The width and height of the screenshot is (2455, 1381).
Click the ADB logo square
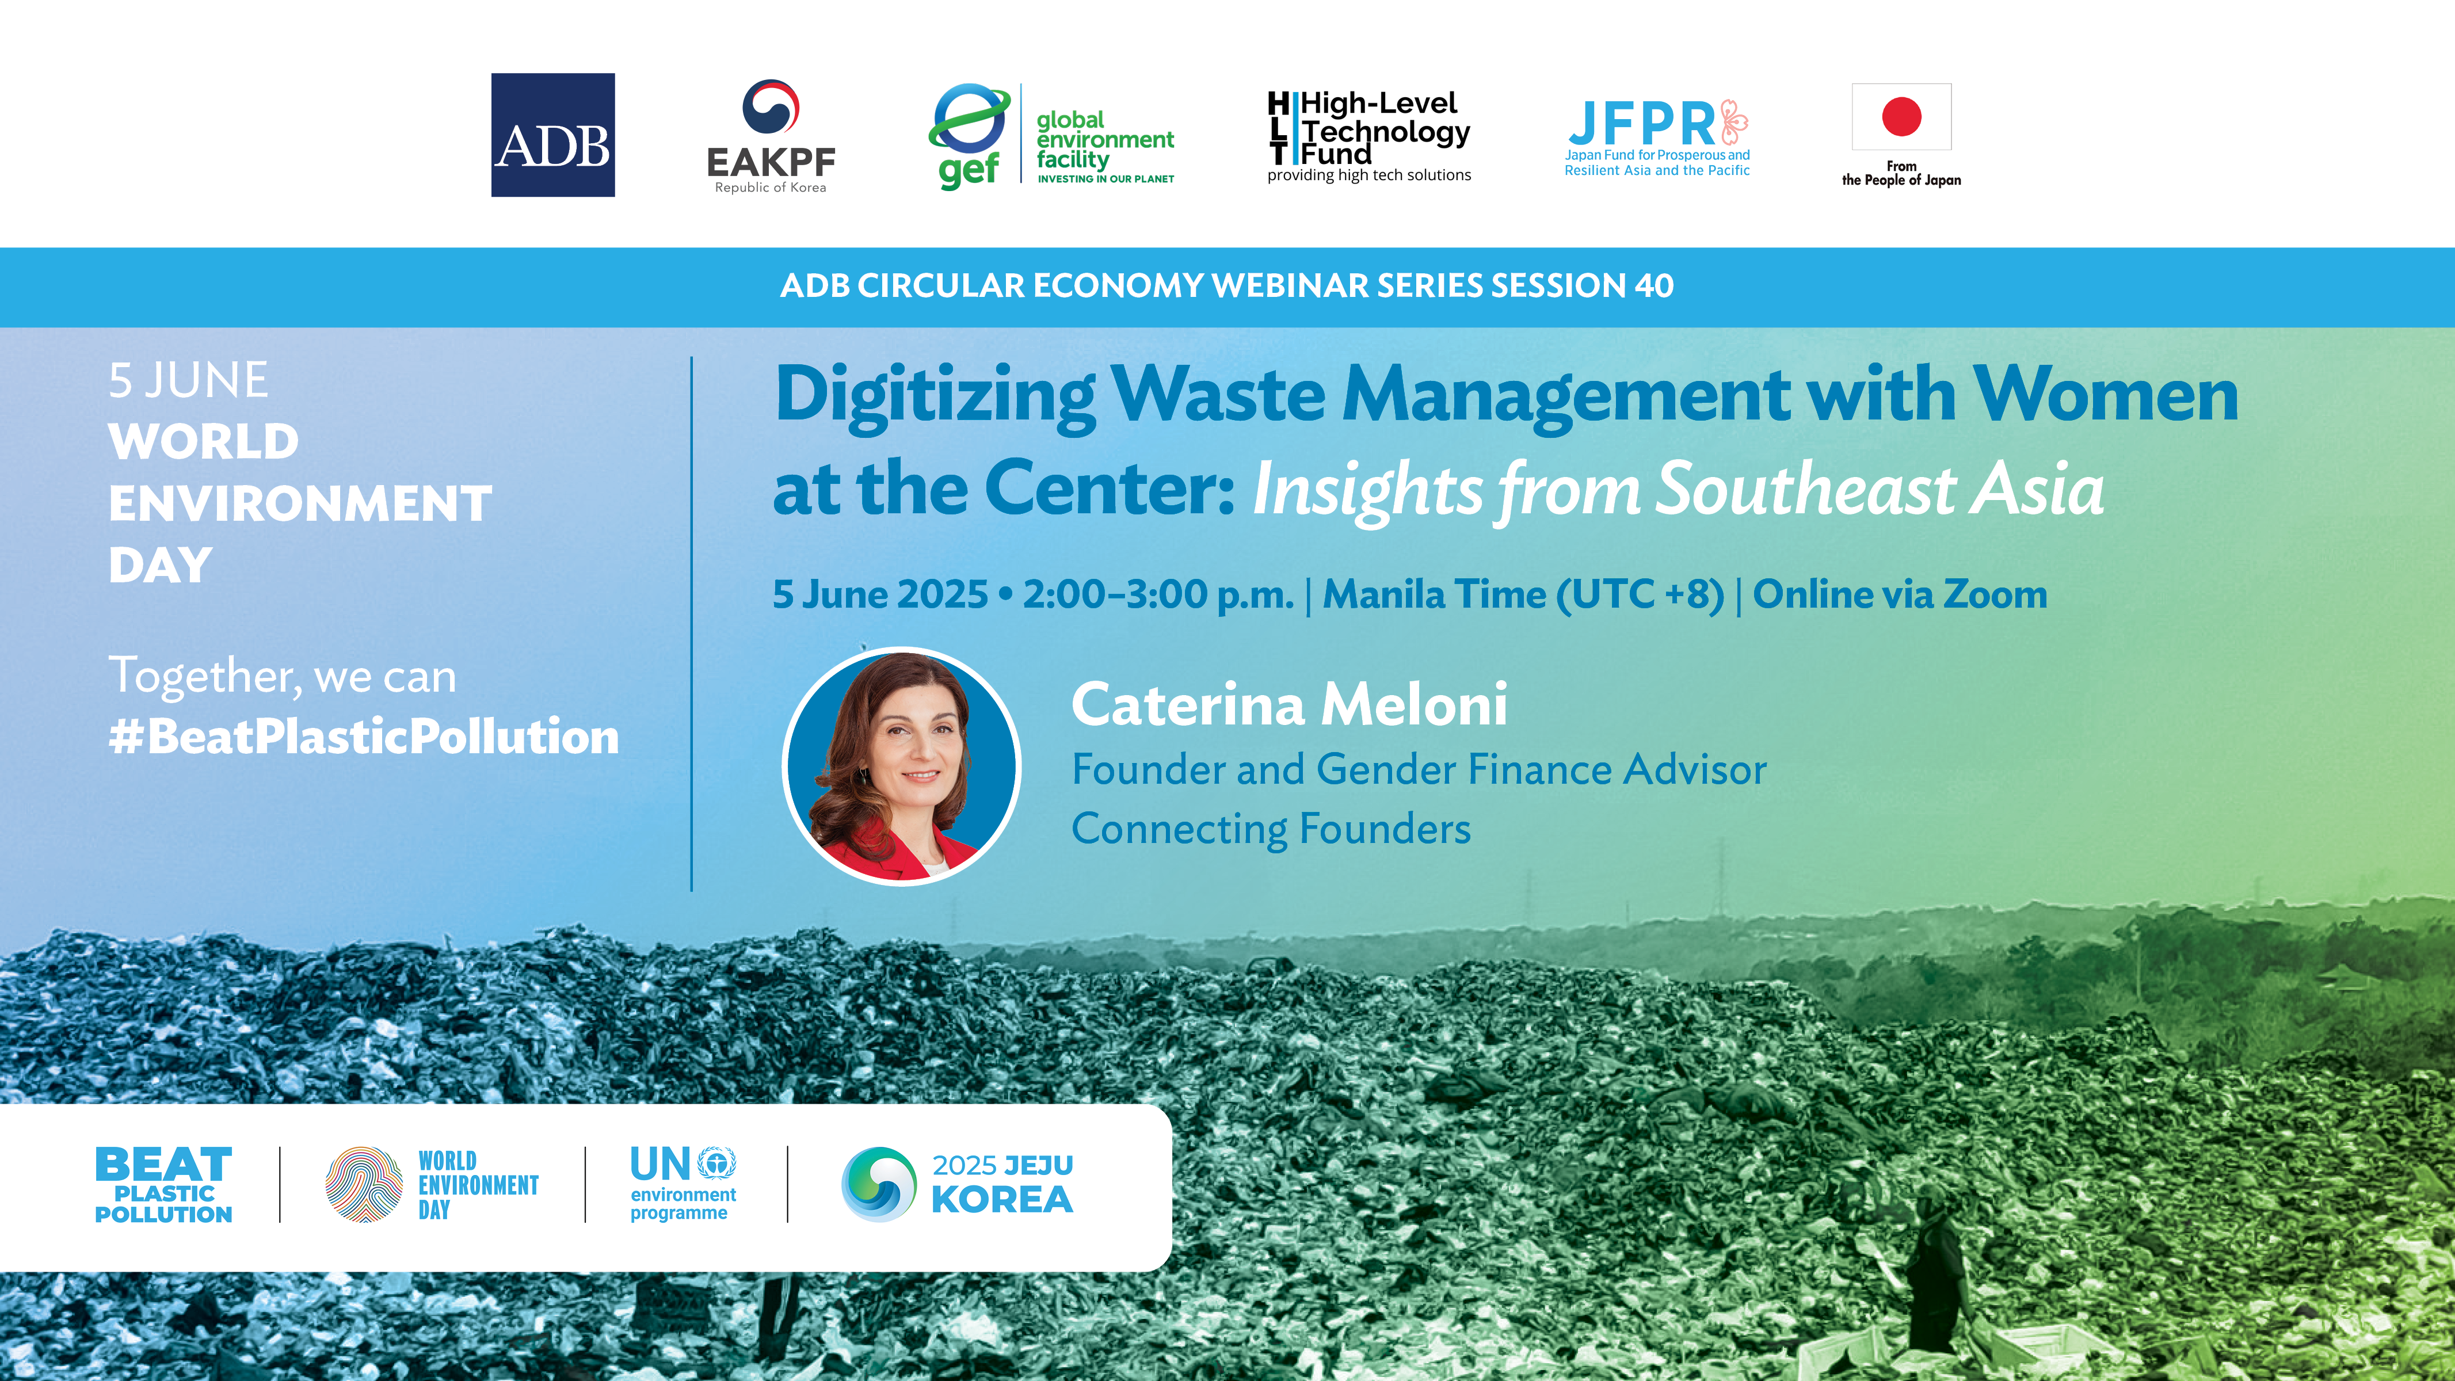point(553,135)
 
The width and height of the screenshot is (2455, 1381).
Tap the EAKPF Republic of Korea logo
point(771,136)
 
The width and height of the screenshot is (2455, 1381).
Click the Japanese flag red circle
point(1901,116)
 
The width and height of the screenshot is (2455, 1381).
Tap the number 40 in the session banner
point(1655,285)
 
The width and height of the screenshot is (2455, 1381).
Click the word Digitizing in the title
point(935,395)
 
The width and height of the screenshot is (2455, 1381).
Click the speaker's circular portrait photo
point(902,766)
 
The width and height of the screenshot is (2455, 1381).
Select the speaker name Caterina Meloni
point(1290,704)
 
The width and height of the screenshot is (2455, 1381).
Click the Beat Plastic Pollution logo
point(164,1185)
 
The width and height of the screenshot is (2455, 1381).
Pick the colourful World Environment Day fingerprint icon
point(363,1185)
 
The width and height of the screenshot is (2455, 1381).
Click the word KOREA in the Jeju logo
point(1002,1200)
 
